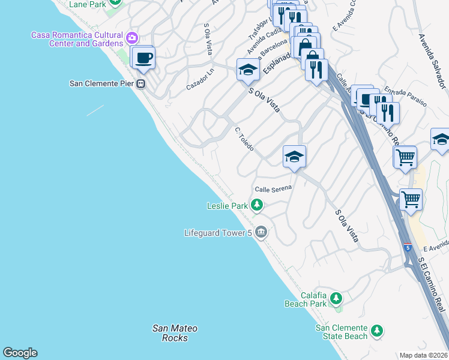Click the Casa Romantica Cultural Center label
point(77,39)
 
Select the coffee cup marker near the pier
point(143,59)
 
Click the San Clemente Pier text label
point(101,83)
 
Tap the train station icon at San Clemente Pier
point(141,84)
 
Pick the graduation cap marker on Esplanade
point(248,70)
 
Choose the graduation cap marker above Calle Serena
point(294,157)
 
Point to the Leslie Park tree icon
point(257,206)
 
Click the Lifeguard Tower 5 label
point(217,232)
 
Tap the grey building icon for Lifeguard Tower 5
point(261,232)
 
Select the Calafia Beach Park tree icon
point(336,298)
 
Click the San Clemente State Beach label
point(342,332)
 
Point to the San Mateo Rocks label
point(175,333)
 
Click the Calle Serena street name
point(273,188)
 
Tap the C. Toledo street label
point(244,139)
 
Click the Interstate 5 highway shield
point(408,247)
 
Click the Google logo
point(20,353)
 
